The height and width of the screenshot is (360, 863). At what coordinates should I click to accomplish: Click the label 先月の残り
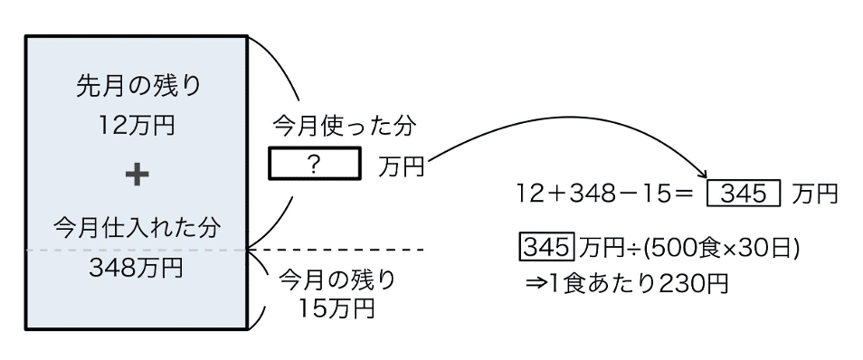pos(139,88)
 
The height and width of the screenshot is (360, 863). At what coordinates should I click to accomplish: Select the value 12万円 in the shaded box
pos(137,126)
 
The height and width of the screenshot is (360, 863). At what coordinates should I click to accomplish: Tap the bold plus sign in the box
pos(137,175)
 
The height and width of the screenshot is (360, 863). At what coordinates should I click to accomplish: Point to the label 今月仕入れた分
pos(138,227)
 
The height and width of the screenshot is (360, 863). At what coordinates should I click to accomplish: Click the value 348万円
pos(136,268)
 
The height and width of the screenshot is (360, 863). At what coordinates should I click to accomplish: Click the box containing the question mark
pos(314,164)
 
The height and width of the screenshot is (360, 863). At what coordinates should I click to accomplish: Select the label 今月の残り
pos(337,280)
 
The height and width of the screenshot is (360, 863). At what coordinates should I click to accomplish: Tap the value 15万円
pos(337,308)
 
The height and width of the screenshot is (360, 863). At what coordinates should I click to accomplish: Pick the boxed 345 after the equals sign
pos(744,194)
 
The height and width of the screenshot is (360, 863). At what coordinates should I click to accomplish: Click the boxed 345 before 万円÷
pos(547,248)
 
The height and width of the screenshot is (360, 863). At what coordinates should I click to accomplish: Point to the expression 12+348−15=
pos(603,194)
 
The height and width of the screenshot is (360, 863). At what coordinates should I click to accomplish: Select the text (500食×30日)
pos(722,248)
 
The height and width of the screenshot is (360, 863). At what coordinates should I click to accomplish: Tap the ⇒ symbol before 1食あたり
pos(536,285)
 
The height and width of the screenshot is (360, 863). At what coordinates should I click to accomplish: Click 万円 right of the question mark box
pos(402,166)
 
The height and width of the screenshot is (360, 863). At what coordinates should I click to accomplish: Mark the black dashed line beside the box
pos(337,250)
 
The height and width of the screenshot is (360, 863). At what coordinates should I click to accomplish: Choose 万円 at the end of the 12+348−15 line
pos(814,194)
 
